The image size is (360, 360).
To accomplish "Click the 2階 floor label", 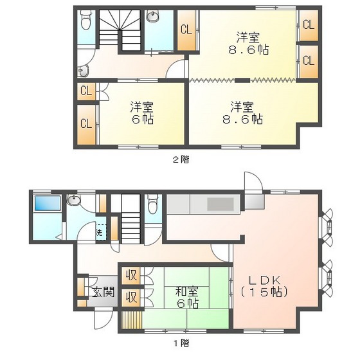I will coord(181,159).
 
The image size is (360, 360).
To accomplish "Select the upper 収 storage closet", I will coord(131,276).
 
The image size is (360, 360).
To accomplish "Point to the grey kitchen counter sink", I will coord(219,205).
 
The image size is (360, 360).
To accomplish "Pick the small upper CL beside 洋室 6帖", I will coord(85,91).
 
